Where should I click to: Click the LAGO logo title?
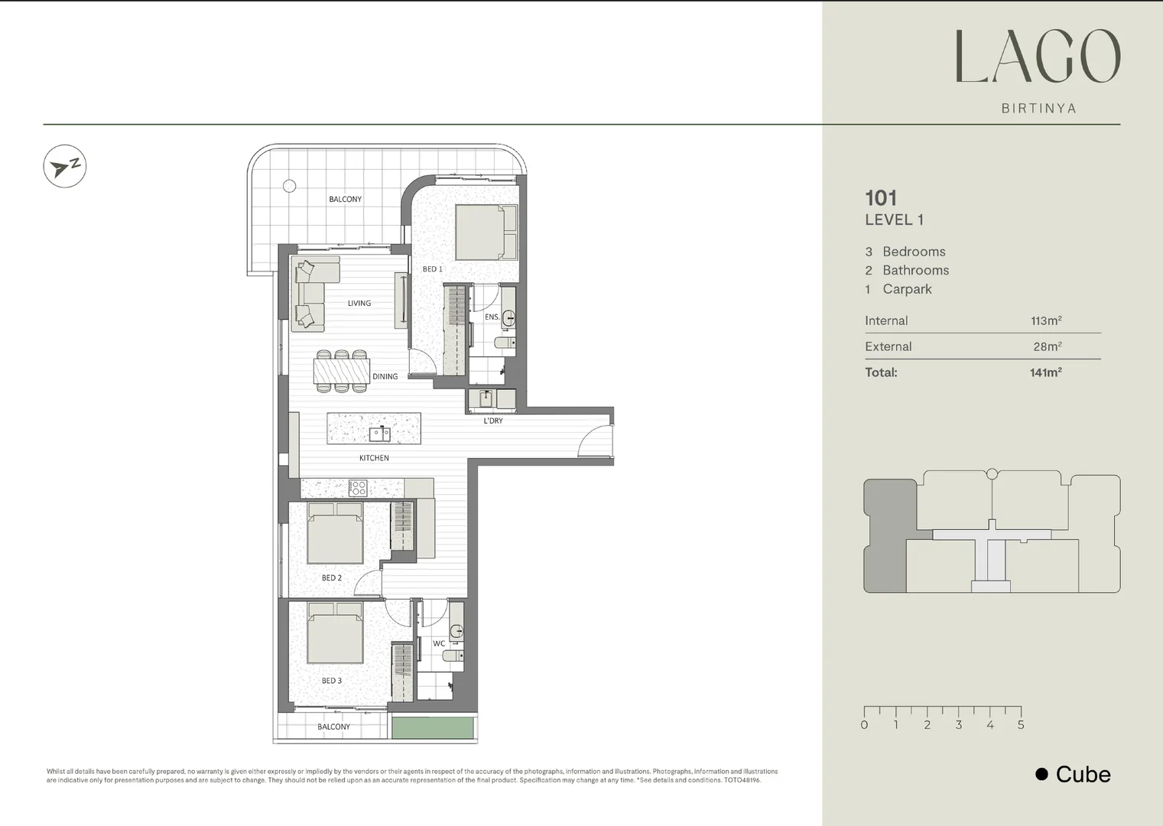click(1038, 57)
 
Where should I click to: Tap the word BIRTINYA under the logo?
click(1038, 109)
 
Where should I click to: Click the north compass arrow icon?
click(64, 166)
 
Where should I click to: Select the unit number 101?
click(881, 199)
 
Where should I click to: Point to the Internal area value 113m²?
click(1046, 321)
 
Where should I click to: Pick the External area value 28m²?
click(1047, 346)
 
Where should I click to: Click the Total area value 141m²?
click(1045, 372)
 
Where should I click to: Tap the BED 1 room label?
click(432, 269)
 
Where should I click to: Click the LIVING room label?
click(359, 304)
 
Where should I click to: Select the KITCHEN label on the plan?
click(374, 458)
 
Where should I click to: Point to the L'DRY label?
click(493, 421)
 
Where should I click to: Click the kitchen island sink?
click(380, 434)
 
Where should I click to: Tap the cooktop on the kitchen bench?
click(357, 487)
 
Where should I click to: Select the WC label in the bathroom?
click(439, 644)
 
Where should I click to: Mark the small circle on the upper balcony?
click(289, 186)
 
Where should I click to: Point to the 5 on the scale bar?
click(1021, 725)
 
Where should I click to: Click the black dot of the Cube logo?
click(1041, 774)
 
